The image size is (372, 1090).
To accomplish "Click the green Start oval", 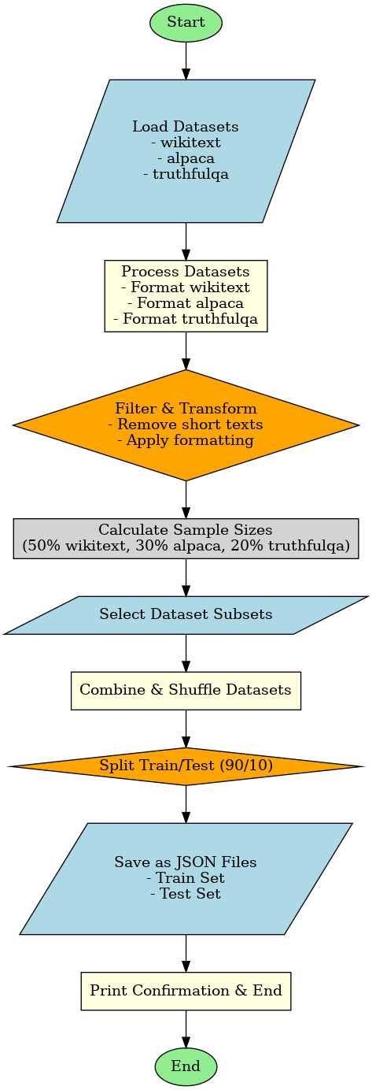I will pyautogui.click(x=186, y=22).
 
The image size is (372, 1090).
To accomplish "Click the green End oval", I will pyautogui.click(x=186, y=1066).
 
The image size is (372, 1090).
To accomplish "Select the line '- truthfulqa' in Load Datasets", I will pyautogui.click(x=186, y=174).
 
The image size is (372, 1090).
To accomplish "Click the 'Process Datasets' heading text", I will pyautogui.click(x=186, y=272).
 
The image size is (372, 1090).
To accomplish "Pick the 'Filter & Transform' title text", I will pyautogui.click(x=186, y=409).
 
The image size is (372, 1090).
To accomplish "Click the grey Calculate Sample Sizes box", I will pyautogui.click(x=186, y=538).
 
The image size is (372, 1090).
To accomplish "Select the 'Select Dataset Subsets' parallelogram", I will pyautogui.click(x=186, y=614).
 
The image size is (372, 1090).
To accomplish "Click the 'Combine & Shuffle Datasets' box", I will pyautogui.click(x=186, y=690).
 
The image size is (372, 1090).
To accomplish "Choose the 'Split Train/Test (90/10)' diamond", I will pyautogui.click(x=186, y=766).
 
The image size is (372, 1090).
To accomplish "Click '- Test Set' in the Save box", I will pyautogui.click(x=186, y=894).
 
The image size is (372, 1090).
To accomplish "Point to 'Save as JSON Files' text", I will pyautogui.click(x=186, y=862).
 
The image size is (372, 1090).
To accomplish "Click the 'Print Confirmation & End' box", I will pyautogui.click(x=186, y=991).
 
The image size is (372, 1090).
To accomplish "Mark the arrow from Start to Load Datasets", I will pyautogui.click(x=186, y=59).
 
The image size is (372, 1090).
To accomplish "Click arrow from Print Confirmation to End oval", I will pyautogui.click(x=186, y=1029).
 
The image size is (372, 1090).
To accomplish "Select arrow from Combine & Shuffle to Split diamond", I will pyautogui.click(x=186, y=729).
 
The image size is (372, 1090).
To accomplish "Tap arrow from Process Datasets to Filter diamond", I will pyautogui.click(x=186, y=351).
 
